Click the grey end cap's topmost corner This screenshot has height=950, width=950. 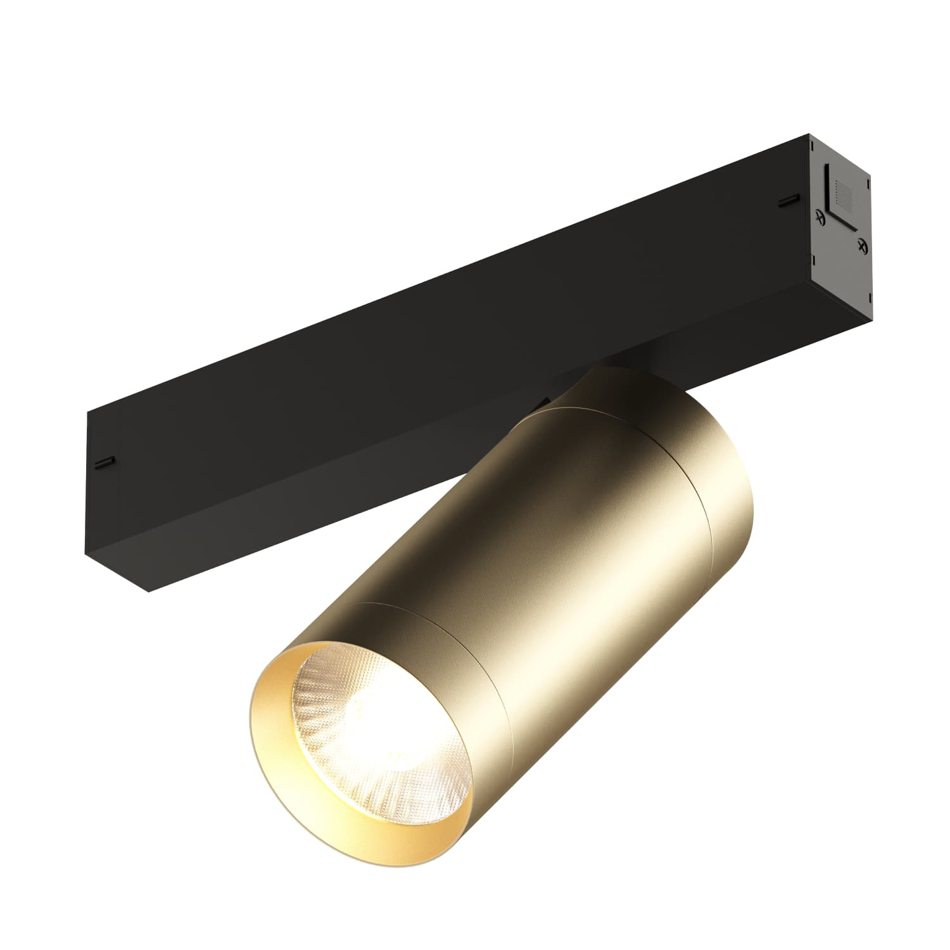[x=808, y=134]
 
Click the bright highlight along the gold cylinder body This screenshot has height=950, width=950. [x=570, y=570]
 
